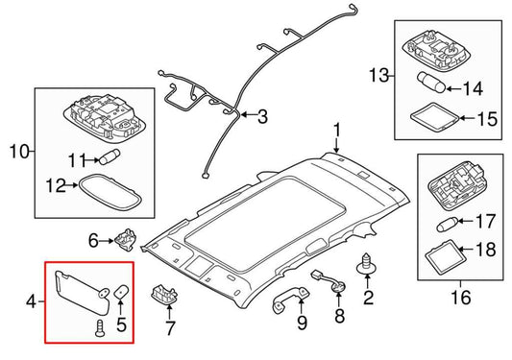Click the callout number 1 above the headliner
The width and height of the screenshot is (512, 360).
[x=337, y=130]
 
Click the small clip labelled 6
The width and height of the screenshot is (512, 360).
[x=128, y=239]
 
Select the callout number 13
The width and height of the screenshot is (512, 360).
[x=378, y=75]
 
